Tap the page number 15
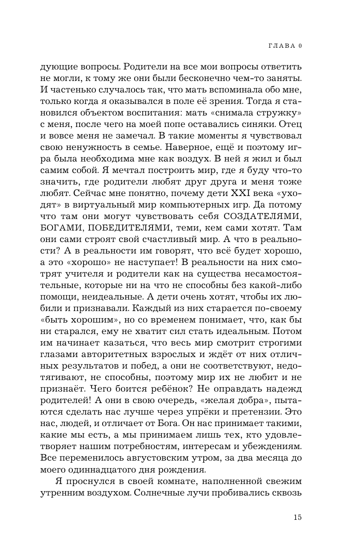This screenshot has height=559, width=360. click(297, 517)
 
